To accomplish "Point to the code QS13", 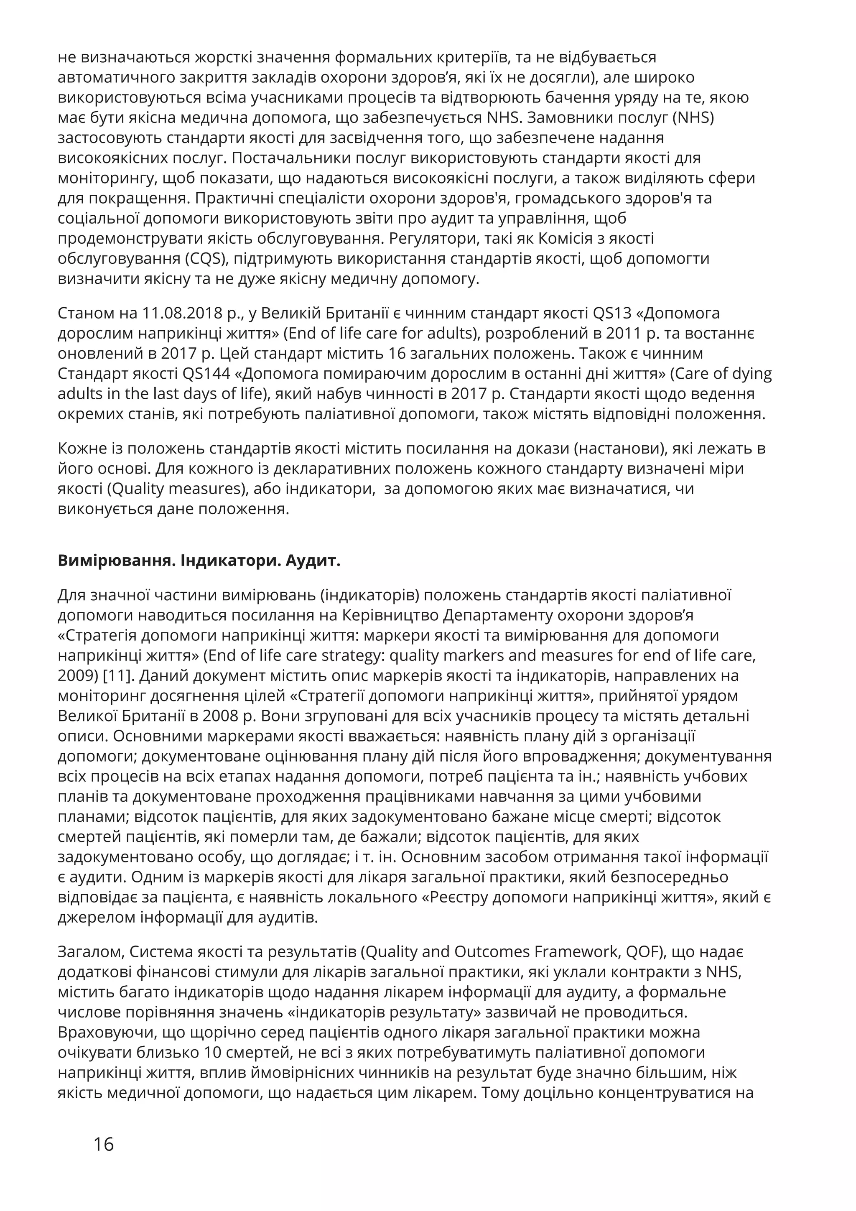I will pos(612,313).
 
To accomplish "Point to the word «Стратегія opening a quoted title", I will pos(99,635).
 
